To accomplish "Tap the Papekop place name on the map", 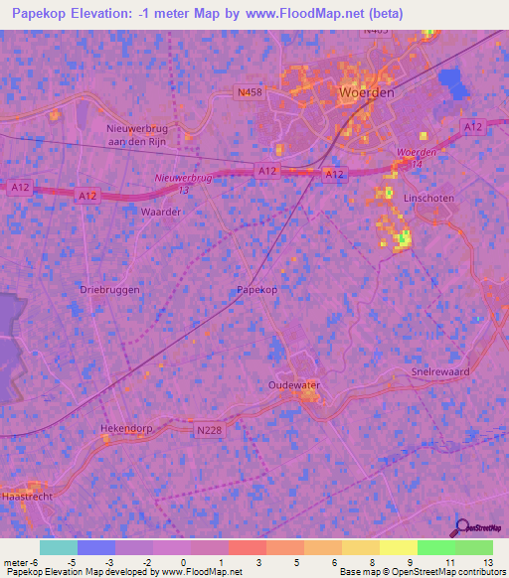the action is pos(255,289).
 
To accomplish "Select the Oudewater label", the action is pos(295,383).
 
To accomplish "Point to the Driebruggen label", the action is pos(106,289).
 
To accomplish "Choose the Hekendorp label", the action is pos(124,428).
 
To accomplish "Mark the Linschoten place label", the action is pos(428,199).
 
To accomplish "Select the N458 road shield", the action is pos(250,93).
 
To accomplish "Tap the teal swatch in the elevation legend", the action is pos(59,547).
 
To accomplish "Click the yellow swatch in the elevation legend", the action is pos(361,547).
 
